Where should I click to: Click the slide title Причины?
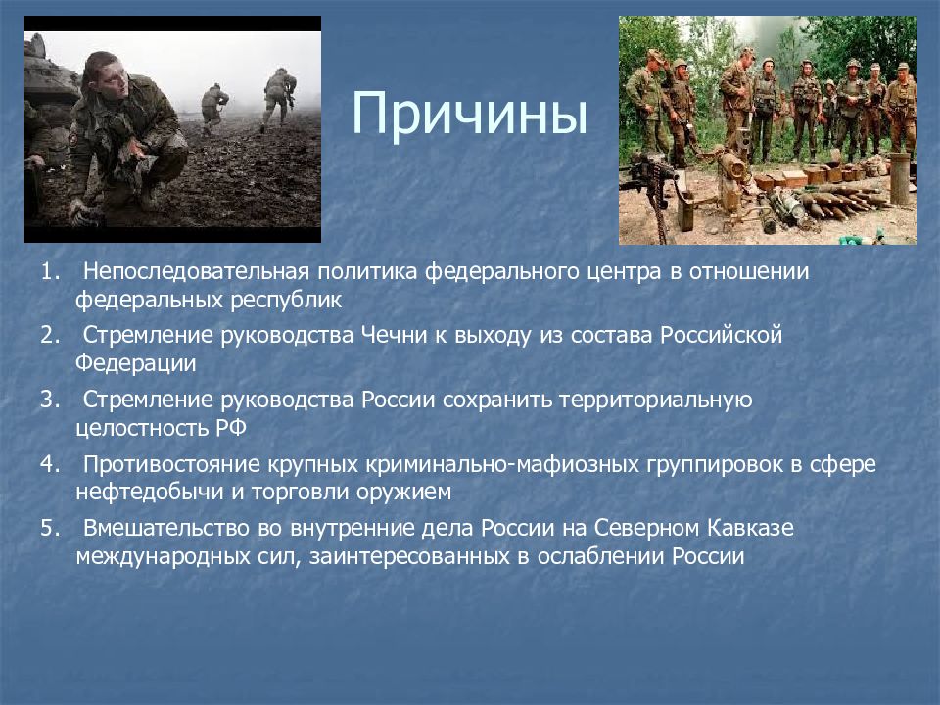pyautogui.click(x=469, y=115)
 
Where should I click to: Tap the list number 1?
pyautogui.click(x=50, y=272)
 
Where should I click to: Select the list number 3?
pyautogui.click(x=50, y=399)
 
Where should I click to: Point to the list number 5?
pyautogui.click(x=50, y=528)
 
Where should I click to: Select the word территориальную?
pyautogui.click(x=656, y=400)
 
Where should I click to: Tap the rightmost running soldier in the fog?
pyautogui.click(x=278, y=99)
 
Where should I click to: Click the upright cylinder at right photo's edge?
pyautogui.click(x=900, y=178)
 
